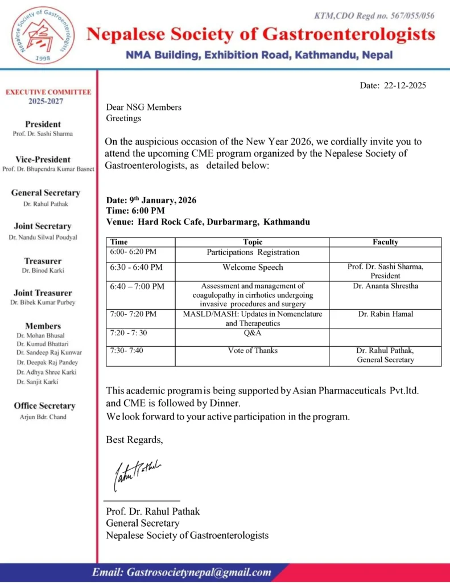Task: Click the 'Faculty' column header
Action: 385,242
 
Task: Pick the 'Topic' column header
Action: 253,242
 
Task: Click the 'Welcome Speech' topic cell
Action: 253,268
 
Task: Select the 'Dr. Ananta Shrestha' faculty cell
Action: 385,286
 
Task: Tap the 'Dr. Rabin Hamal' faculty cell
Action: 385,314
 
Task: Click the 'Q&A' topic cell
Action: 253,333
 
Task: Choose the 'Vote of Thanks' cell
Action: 253,351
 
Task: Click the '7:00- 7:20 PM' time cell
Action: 134,314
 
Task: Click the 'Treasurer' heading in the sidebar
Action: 43,261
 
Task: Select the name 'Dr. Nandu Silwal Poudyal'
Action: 43,237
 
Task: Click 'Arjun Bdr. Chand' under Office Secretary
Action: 43,417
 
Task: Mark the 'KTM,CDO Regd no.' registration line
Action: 374,15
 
